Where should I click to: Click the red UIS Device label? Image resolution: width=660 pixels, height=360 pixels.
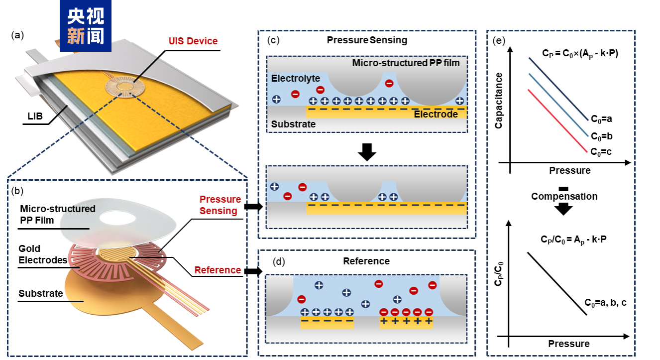193,41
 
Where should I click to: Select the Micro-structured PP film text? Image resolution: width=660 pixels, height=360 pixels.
406,63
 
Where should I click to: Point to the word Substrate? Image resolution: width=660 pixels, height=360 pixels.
293,124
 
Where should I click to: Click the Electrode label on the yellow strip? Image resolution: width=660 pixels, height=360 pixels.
436,115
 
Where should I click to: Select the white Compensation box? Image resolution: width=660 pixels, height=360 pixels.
563,197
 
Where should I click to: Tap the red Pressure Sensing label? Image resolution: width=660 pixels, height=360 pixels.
220,205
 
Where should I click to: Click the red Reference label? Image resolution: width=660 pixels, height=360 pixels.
218,270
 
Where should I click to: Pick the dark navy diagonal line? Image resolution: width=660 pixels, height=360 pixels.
558,89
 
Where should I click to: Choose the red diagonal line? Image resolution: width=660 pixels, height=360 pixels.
557,121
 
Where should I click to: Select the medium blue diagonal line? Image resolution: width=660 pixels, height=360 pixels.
558,105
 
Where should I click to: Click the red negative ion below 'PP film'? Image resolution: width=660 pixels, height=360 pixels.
389,84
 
